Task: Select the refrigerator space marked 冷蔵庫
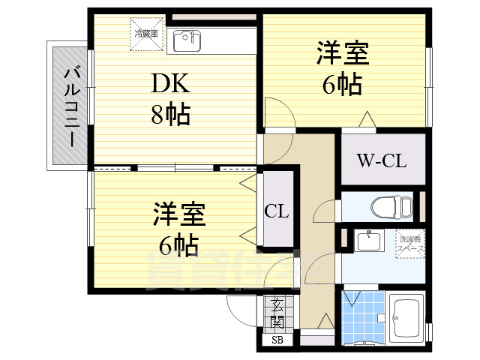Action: (x=145, y=34)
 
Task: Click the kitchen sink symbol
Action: (x=187, y=40)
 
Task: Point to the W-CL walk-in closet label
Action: (x=380, y=159)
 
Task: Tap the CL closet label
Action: (x=276, y=210)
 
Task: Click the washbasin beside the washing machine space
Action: (x=368, y=241)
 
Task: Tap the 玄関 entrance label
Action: (x=277, y=313)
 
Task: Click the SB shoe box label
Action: (x=277, y=341)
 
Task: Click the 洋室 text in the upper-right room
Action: (x=342, y=56)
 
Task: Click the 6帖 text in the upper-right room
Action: (x=342, y=85)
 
